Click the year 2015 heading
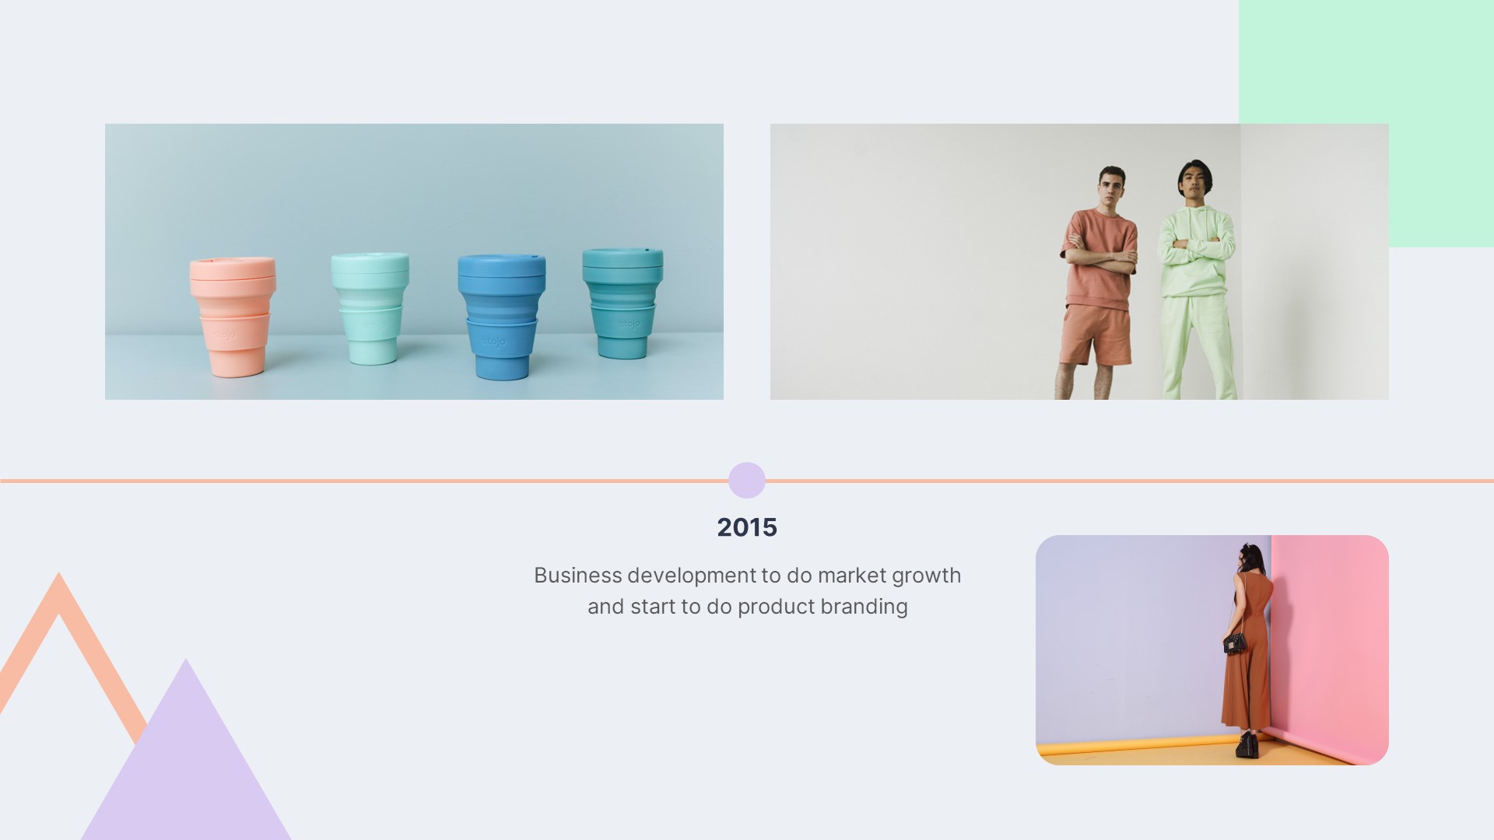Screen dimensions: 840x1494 747,527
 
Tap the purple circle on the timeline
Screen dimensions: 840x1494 747,481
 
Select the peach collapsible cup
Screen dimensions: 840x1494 233,317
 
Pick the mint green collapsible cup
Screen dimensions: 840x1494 370,308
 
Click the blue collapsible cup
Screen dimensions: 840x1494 501,317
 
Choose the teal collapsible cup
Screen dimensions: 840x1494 622,303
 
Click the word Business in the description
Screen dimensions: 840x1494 578,576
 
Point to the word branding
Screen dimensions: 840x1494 864,607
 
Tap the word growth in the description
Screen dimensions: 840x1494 926,576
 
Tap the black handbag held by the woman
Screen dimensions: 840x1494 1234,643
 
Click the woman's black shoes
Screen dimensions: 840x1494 1247,745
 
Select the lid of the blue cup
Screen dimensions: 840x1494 501,265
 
